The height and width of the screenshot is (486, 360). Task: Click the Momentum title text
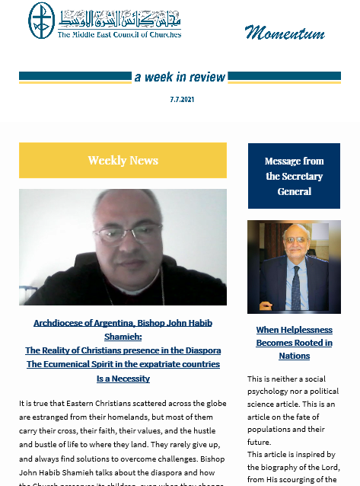coord(285,33)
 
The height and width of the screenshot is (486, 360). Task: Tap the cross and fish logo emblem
coord(41,21)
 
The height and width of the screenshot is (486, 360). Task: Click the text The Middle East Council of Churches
coord(119,34)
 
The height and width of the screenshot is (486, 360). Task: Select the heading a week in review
coord(180,77)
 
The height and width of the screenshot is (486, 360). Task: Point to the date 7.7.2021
coord(180,100)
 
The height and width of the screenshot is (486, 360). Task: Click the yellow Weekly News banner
coord(123,160)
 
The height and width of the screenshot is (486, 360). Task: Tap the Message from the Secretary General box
coord(294,176)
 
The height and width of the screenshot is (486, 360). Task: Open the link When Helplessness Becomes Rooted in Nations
coord(294,343)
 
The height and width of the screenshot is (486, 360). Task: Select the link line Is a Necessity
coord(123,378)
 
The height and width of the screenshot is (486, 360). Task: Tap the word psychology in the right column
coord(276,391)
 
